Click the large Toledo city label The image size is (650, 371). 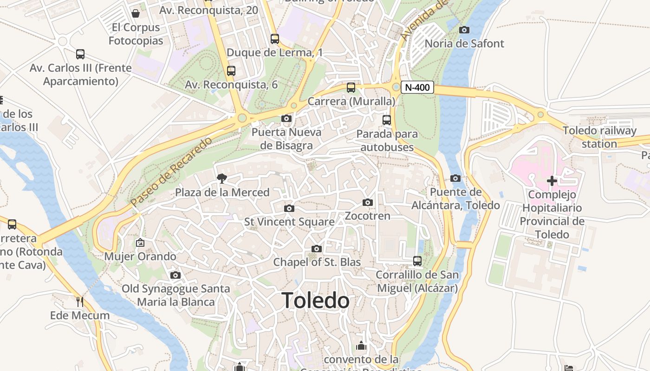[x=315, y=301]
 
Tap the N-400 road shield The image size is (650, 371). [x=417, y=87]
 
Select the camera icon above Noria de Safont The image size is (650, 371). [x=464, y=30]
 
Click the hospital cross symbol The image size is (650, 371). [x=552, y=180]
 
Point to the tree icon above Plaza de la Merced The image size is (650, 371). [x=222, y=178]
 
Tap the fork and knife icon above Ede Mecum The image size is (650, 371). [x=80, y=301]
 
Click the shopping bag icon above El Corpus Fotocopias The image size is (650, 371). [x=136, y=13]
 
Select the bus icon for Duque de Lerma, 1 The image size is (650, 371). [x=275, y=39]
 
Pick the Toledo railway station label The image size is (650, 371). [x=599, y=137]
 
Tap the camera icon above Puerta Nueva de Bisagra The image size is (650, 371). [x=286, y=119]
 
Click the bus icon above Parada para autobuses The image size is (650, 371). [x=387, y=120]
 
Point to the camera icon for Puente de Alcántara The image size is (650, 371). [x=455, y=179]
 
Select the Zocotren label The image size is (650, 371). [x=367, y=216]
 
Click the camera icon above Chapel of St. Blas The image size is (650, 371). [x=317, y=249]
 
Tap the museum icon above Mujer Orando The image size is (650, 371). [x=140, y=243]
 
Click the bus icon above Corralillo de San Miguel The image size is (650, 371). [x=417, y=261]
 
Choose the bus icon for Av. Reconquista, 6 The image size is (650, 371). [x=231, y=71]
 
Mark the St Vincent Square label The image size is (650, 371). [x=289, y=222]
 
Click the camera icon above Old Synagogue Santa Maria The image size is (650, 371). [x=175, y=275]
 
